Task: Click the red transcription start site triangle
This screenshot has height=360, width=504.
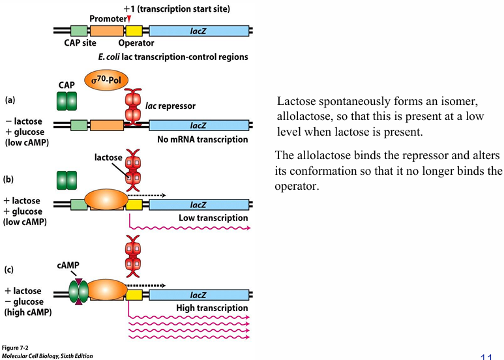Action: tap(129, 20)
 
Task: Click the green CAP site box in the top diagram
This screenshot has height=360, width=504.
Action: tap(78, 30)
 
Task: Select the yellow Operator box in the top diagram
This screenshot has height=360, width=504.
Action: tap(134, 30)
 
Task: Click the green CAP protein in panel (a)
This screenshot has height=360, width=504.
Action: tap(67, 102)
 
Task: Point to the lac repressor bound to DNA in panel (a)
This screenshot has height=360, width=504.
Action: tap(133, 108)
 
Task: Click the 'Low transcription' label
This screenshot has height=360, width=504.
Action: tap(213, 218)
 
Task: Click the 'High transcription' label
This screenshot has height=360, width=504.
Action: tap(213, 308)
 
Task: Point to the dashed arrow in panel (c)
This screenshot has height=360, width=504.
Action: tap(145, 285)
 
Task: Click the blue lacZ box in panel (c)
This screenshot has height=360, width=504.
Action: tap(199, 295)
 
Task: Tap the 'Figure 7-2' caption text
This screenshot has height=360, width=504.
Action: tap(14, 348)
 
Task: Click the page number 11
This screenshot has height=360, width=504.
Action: tap(486, 355)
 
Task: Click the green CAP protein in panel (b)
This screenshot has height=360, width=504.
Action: tap(67, 181)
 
